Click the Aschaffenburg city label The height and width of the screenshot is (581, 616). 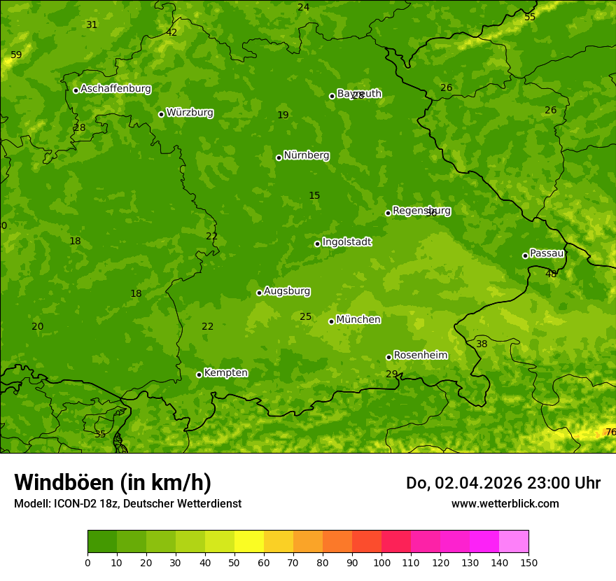pyautogui.click(x=115, y=89)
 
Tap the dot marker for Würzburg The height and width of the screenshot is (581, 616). pyautogui.click(x=161, y=114)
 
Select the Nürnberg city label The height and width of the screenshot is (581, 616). pyautogui.click(x=306, y=155)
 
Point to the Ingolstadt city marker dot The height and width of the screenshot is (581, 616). pyautogui.click(x=317, y=244)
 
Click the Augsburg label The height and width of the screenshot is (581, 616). pyautogui.click(x=287, y=291)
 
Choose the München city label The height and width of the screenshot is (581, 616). pyautogui.click(x=358, y=320)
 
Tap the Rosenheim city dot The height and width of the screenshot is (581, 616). pyautogui.click(x=388, y=357)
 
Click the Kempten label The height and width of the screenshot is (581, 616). pyautogui.click(x=225, y=373)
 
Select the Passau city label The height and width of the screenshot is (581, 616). pyautogui.click(x=547, y=253)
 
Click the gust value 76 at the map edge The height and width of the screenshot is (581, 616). pyautogui.click(x=610, y=432)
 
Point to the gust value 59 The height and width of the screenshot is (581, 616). pyautogui.click(x=16, y=55)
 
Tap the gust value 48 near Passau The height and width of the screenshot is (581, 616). pyautogui.click(x=551, y=274)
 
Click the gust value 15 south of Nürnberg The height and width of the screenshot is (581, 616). pyautogui.click(x=314, y=195)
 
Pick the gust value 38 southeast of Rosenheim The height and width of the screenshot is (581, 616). pyautogui.click(x=482, y=344)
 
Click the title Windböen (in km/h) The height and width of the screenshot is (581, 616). pyautogui.click(x=113, y=482)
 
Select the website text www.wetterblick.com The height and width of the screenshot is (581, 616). pyautogui.click(x=505, y=503)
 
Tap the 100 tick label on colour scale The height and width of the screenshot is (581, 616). pyautogui.click(x=381, y=562)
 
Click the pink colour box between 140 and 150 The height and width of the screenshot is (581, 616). pyautogui.click(x=514, y=542)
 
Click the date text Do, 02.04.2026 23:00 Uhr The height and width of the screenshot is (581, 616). pyautogui.click(x=503, y=483)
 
